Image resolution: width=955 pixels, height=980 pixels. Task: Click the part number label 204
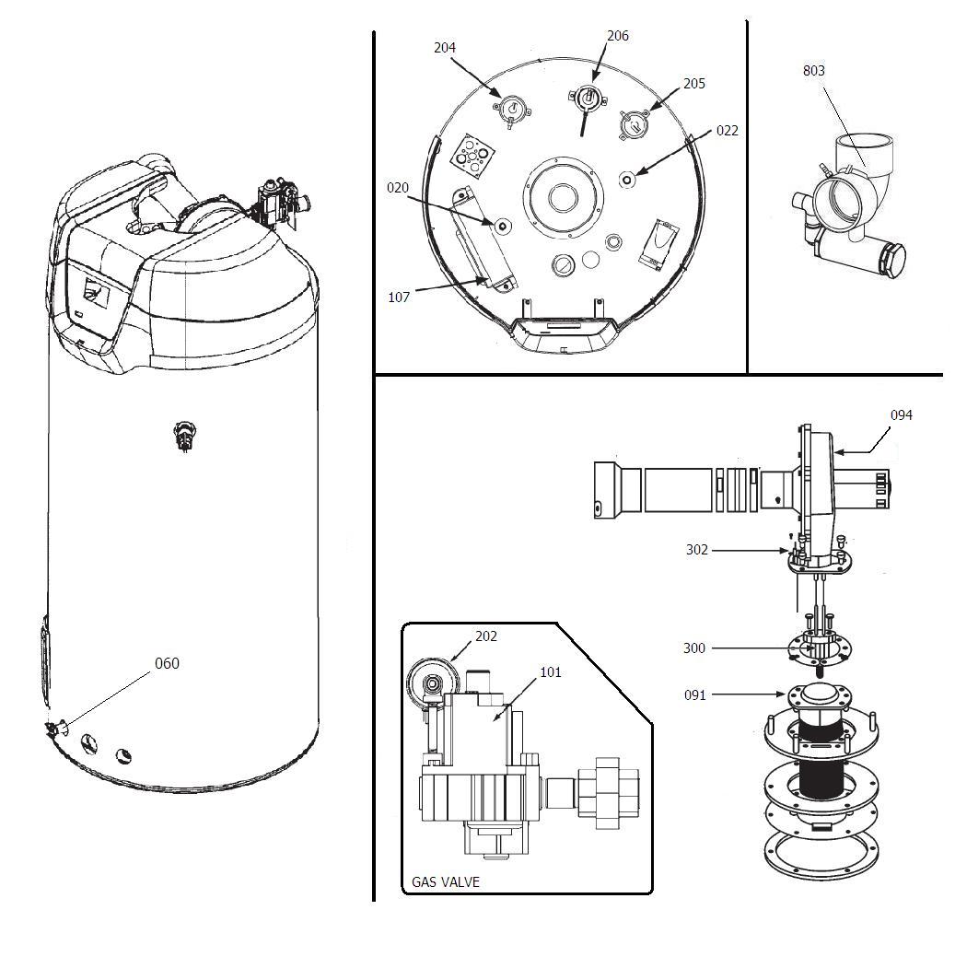(445, 48)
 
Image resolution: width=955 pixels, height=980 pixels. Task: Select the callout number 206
(617, 36)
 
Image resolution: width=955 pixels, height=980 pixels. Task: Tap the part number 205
(693, 84)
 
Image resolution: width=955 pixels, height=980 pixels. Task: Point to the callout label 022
(727, 131)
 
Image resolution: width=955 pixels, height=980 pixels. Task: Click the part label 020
(397, 188)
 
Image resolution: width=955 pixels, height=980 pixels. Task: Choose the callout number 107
(399, 297)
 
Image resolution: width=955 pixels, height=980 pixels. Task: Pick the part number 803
(813, 71)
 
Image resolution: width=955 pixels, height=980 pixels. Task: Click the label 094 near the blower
(901, 415)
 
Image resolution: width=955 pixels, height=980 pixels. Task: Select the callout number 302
(697, 550)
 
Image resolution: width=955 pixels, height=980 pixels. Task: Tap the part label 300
(694, 648)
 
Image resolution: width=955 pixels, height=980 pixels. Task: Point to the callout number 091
(694, 695)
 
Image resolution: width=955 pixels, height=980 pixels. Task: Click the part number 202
(486, 636)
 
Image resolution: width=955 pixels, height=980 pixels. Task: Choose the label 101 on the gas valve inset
(550, 672)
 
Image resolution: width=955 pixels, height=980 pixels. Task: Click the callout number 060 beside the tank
(167, 663)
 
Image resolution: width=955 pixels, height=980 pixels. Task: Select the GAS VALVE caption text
(446, 881)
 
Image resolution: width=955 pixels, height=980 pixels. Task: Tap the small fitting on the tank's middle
(185, 436)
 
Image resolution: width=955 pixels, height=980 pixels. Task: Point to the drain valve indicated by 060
(54, 729)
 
